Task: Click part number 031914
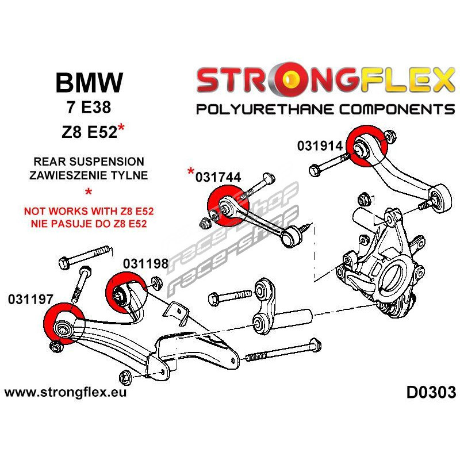point(320,145)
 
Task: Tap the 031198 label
point(145,264)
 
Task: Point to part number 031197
point(30,299)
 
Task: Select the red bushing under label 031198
point(126,293)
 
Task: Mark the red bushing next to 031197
point(64,324)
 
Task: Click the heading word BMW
point(89,84)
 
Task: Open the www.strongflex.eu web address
point(66,393)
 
